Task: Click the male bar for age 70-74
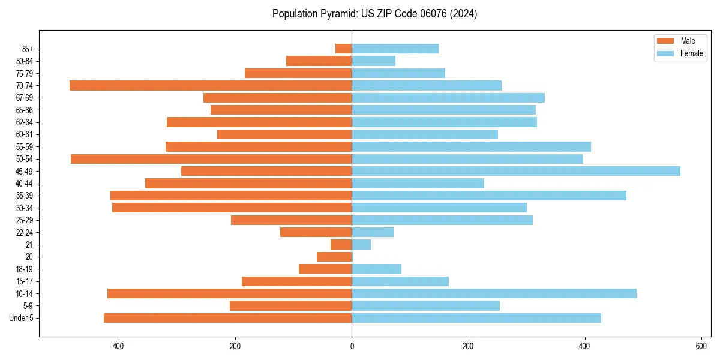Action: click(x=210, y=85)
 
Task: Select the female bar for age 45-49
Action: click(x=516, y=171)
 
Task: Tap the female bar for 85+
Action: click(x=395, y=49)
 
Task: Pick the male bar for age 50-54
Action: click(x=211, y=159)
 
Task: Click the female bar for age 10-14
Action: click(x=494, y=293)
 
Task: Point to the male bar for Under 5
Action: click(x=228, y=318)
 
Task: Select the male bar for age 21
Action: click(x=341, y=245)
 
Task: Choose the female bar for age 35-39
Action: click(x=489, y=196)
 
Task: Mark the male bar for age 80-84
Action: click(x=319, y=61)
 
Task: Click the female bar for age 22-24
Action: click(x=373, y=232)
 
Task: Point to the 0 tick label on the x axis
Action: click(x=352, y=346)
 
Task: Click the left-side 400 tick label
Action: click(x=118, y=346)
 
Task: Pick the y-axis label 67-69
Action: click(x=25, y=98)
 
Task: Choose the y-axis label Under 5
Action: click(x=22, y=318)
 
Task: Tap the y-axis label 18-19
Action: click(x=25, y=269)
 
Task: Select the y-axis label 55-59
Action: click(x=25, y=146)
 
